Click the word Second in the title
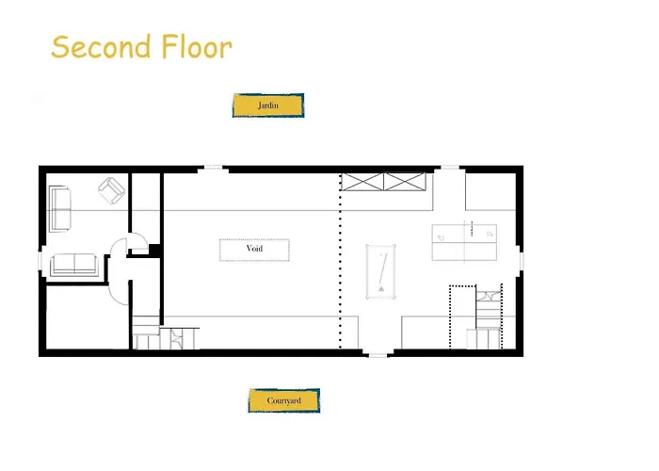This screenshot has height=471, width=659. [x=101, y=46]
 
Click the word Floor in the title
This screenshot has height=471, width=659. [x=197, y=46]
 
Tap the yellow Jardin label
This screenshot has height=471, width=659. [x=268, y=106]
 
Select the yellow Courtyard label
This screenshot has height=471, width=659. [x=284, y=400]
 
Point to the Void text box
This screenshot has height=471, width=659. [x=254, y=250]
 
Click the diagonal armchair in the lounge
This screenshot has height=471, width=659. [x=111, y=190]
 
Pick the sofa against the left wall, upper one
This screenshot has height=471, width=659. [x=59, y=208]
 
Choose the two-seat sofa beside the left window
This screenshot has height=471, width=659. [x=74, y=265]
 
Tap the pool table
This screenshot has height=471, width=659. [x=380, y=271]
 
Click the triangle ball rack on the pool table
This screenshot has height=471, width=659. [x=381, y=289]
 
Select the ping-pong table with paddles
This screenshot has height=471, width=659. [x=464, y=242]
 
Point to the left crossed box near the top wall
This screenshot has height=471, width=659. [x=362, y=182]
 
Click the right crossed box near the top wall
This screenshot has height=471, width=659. [x=405, y=182]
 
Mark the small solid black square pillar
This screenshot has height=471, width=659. [x=154, y=250]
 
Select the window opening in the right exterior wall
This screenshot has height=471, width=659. [x=522, y=261]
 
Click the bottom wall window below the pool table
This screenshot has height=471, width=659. [x=378, y=355]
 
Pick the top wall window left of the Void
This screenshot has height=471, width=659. [x=213, y=168]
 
